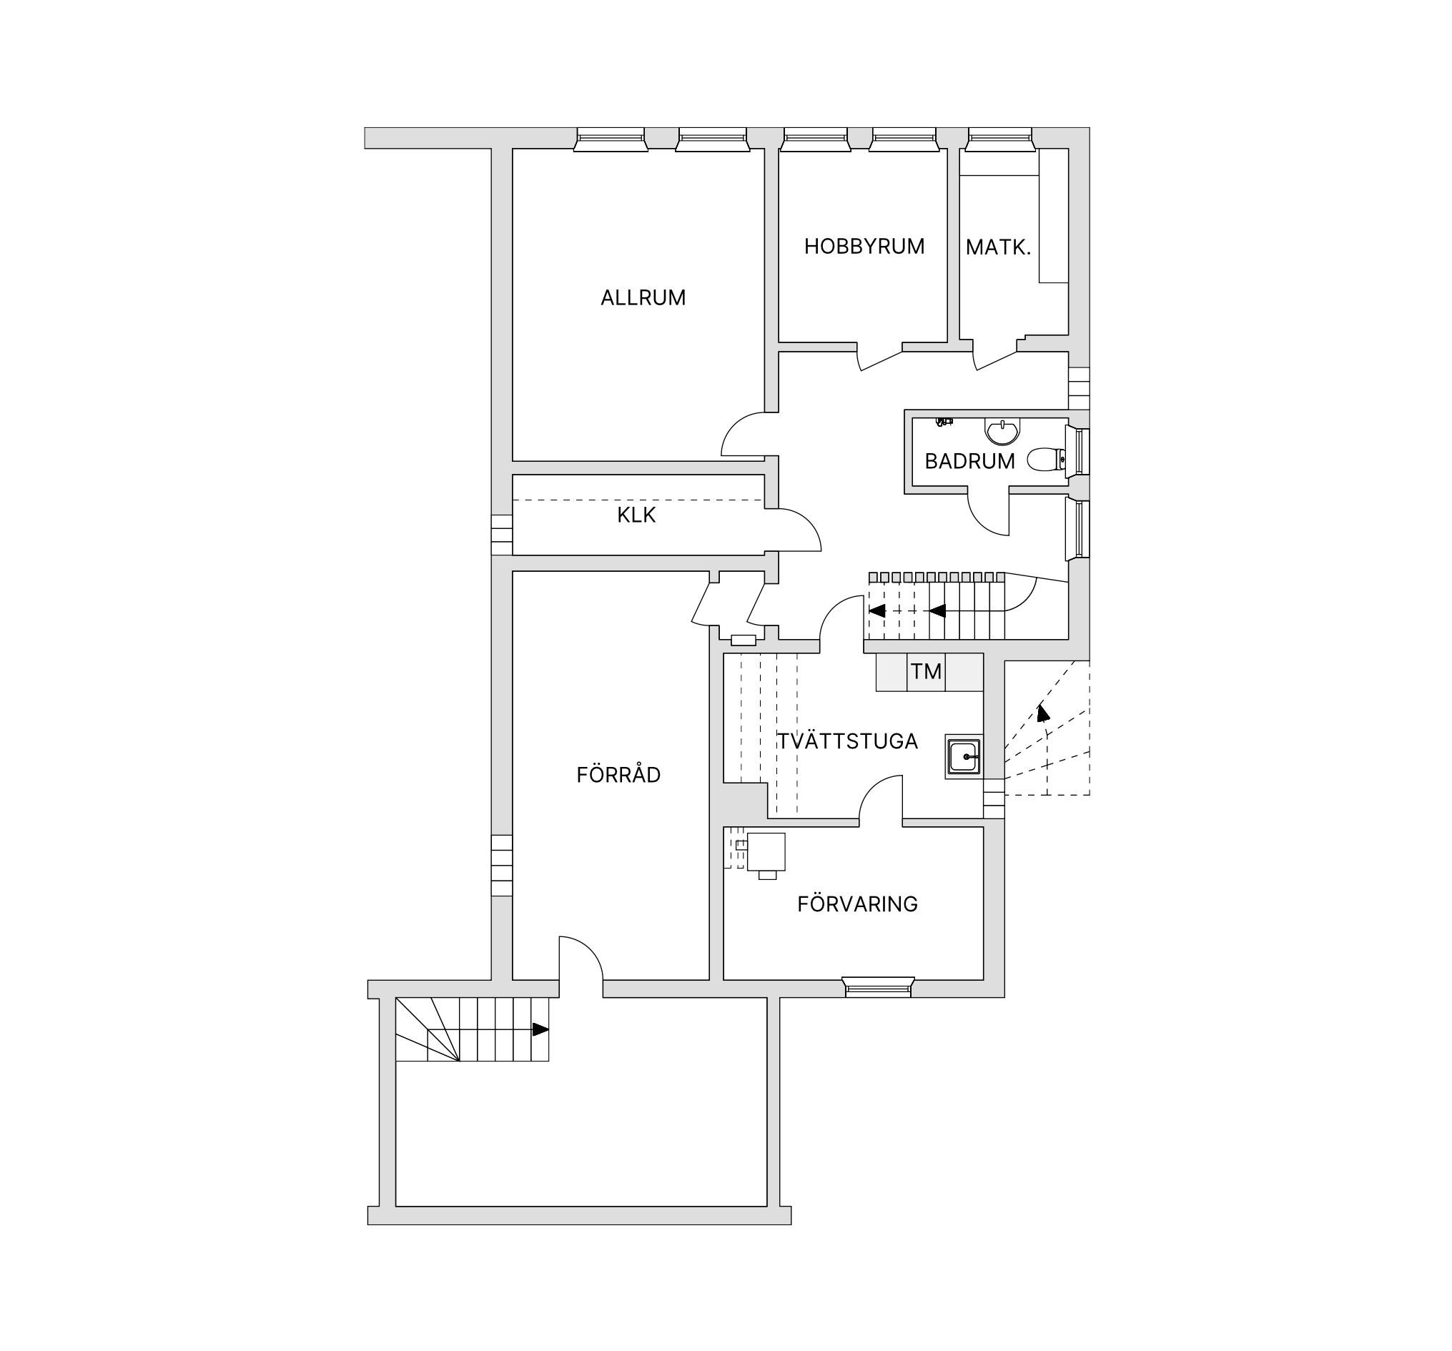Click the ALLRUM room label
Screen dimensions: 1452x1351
(643, 298)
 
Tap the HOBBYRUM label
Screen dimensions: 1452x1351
(864, 247)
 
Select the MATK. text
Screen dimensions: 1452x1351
(998, 247)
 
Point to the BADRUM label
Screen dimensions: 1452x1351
(969, 462)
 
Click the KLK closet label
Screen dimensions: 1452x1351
(636, 515)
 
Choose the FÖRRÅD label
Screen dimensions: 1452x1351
(618, 775)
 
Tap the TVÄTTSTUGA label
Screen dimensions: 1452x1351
(847, 741)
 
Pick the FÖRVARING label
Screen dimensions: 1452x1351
(856, 904)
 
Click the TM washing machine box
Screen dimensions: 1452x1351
(926, 672)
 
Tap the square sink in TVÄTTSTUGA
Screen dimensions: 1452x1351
(964, 756)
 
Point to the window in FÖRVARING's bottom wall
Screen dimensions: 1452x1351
(878, 987)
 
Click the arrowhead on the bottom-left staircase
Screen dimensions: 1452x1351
(540, 1029)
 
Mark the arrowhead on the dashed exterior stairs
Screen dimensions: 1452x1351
(1043, 713)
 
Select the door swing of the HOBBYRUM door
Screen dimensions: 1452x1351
(880, 361)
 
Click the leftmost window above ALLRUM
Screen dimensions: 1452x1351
(610, 139)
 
